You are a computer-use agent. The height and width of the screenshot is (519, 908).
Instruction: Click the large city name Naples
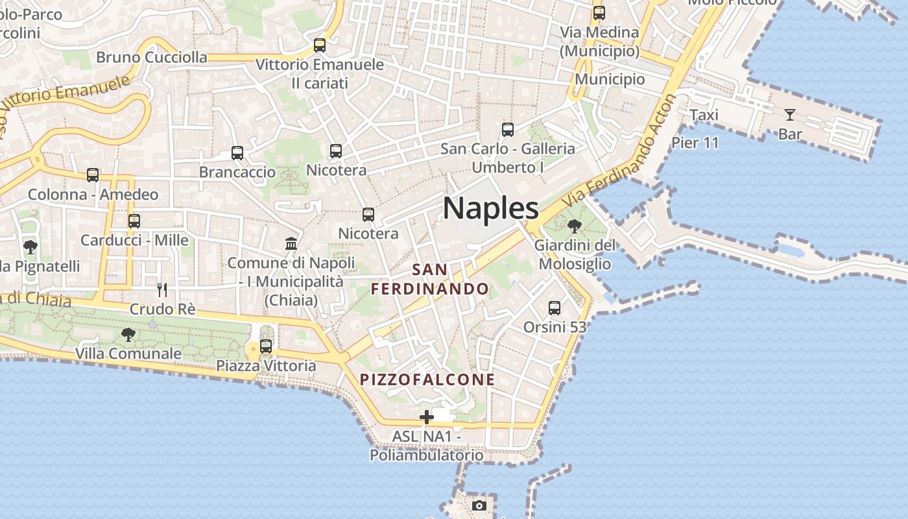[x=490, y=208]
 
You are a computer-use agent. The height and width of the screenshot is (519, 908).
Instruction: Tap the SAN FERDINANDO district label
[x=430, y=279]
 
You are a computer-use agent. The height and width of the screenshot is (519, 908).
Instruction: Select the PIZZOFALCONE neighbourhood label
[x=427, y=380]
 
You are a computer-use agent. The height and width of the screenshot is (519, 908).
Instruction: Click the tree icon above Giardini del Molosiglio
[x=574, y=226]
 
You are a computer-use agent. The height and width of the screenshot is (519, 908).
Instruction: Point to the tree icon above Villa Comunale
[x=128, y=334]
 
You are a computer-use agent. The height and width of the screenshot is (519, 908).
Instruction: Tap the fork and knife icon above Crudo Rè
[x=162, y=289]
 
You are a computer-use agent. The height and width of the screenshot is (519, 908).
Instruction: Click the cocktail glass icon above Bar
[x=789, y=115]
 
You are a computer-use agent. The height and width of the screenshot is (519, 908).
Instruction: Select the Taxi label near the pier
[x=704, y=115]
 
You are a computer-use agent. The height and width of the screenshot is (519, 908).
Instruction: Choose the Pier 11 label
[x=695, y=143]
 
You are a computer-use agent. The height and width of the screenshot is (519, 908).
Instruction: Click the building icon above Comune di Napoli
[x=291, y=243]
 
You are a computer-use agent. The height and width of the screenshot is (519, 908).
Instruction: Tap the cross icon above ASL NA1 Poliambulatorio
[x=426, y=416]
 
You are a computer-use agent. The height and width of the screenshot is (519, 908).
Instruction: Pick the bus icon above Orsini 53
[x=555, y=308]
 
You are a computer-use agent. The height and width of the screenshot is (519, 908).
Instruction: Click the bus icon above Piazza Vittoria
[x=266, y=346]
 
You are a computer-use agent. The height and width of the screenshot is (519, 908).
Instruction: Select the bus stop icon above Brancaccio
[x=237, y=153]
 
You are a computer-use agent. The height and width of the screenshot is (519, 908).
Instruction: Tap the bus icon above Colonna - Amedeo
[x=93, y=175]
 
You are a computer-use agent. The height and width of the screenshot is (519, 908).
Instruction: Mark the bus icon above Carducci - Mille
[x=134, y=221]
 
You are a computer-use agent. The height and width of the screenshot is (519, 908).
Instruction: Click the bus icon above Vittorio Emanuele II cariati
[x=319, y=45]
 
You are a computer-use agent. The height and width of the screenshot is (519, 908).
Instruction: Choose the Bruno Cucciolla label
[x=152, y=57]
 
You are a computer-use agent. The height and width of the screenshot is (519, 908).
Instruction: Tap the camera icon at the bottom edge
[x=479, y=505]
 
